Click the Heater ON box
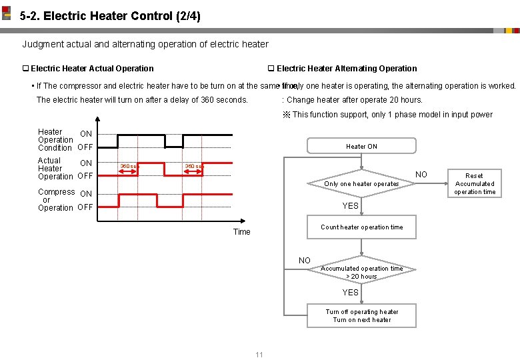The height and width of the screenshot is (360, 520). [x=361, y=146]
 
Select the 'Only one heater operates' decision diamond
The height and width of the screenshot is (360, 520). [x=361, y=183]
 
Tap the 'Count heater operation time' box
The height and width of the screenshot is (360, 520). [x=361, y=227]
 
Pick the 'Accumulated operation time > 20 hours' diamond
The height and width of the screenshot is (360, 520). [x=361, y=272]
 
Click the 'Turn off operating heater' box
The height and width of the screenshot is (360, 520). [x=361, y=315]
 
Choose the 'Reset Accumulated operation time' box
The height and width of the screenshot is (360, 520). [x=474, y=184]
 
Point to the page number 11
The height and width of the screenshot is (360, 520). [x=259, y=354]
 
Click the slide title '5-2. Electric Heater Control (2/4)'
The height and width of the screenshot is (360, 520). [x=110, y=15]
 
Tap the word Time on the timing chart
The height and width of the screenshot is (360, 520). [x=241, y=232]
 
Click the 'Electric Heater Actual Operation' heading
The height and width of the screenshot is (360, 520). [x=92, y=69]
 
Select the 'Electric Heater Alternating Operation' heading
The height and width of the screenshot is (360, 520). [x=347, y=69]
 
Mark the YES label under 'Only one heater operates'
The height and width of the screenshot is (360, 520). [x=351, y=206]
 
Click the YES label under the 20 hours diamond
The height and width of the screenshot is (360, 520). [x=351, y=293]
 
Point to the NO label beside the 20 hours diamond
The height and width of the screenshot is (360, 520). [x=305, y=261]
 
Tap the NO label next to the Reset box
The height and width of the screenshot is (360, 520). [x=421, y=175]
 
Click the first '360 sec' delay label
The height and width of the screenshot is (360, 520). [x=127, y=167]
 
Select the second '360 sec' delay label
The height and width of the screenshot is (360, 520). [x=193, y=167]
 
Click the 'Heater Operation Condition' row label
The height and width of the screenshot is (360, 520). [x=55, y=140]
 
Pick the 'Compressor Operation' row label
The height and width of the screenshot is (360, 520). [x=56, y=199]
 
